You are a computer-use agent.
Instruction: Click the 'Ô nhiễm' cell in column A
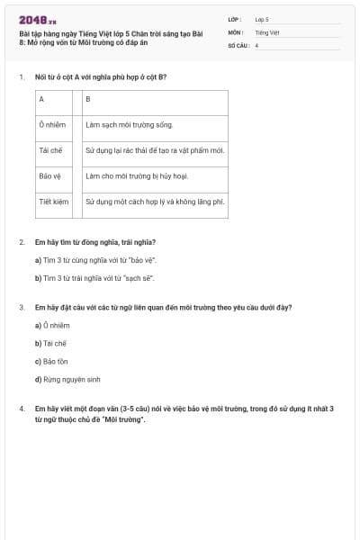(x=51, y=125)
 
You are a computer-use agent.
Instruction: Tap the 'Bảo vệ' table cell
(x=50, y=176)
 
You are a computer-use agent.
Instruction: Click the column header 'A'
(x=41, y=99)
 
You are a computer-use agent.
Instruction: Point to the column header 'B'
(x=87, y=99)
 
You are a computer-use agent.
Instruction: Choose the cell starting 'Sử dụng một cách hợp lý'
(x=155, y=202)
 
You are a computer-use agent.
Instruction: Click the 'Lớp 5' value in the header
(x=262, y=18)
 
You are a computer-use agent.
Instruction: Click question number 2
(x=22, y=242)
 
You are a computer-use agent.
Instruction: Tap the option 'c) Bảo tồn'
(x=51, y=361)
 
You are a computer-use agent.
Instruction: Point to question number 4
(x=22, y=409)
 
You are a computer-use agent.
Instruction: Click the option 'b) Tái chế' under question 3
(x=50, y=343)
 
